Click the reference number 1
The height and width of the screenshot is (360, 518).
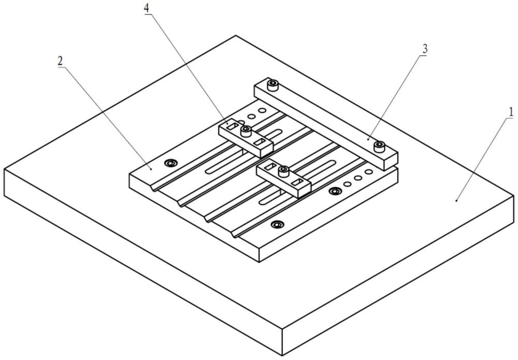point(511,112)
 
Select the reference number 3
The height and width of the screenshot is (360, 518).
point(425,49)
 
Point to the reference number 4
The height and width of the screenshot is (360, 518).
point(147,9)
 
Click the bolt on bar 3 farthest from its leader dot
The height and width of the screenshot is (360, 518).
point(273,85)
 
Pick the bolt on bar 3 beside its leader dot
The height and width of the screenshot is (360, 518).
point(380,146)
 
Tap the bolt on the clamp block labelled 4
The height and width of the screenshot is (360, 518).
point(246,131)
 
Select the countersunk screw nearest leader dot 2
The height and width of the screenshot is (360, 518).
point(171,163)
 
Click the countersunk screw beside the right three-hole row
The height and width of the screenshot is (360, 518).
point(335,191)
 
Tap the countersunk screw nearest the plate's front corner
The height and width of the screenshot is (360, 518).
point(277,225)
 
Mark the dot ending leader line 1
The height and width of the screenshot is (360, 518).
point(457,200)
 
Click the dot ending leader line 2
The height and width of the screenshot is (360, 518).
point(151,168)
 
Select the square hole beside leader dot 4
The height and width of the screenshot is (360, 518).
point(234,126)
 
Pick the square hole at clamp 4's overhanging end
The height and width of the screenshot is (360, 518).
point(259,142)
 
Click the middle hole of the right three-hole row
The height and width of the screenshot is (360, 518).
point(358,178)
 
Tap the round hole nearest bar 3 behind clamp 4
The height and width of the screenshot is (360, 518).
point(262,110)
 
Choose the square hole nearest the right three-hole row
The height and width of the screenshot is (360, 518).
point(299,182)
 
